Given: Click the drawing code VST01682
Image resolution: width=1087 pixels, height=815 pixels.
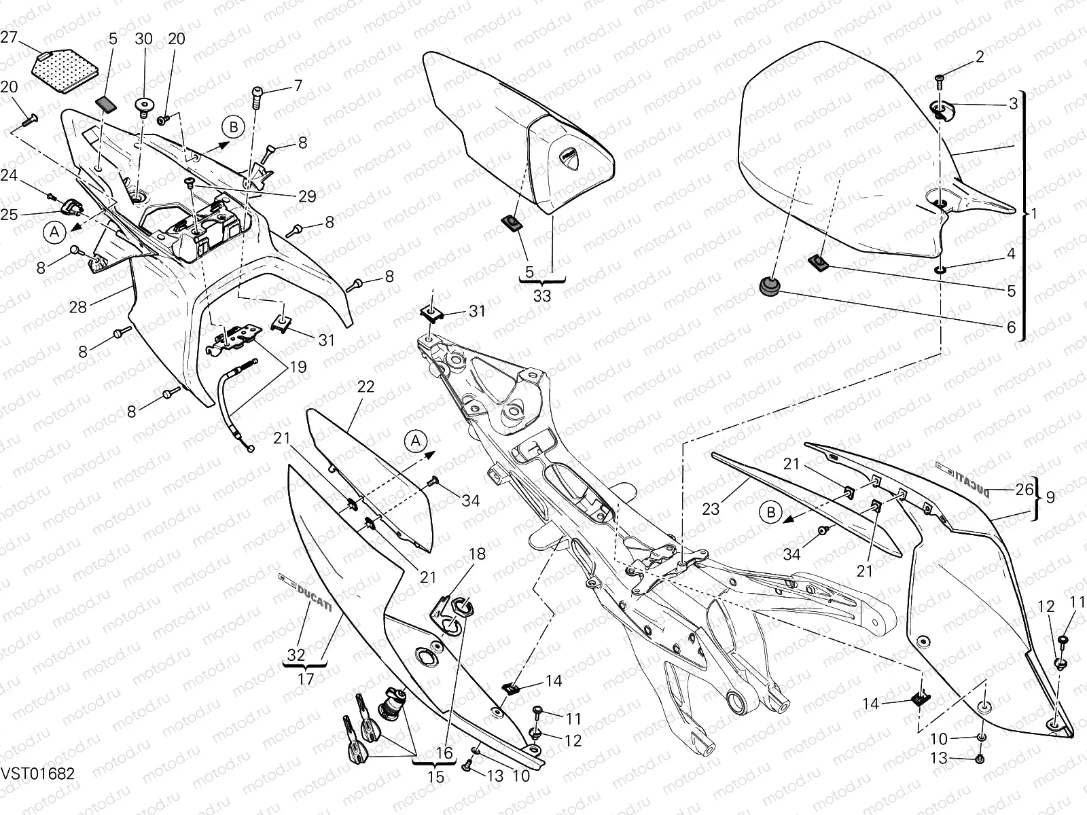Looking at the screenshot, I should click(x=37, y=774).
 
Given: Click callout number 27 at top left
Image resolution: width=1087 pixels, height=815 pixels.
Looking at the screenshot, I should click(x=9, y=38).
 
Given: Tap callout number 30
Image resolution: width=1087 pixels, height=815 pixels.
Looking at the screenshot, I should click(x=144, y=39).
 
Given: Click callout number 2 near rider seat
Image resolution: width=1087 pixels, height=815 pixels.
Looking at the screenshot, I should click(x=979, y=57).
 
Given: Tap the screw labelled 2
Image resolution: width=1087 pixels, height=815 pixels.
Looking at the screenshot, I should click(x=939, y=80).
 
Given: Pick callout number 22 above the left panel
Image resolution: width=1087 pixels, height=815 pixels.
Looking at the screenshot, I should click(x=366, y=386).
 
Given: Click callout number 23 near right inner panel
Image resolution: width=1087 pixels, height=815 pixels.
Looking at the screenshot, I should click(x=711, y=508).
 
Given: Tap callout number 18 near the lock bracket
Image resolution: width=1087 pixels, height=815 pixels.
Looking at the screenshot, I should click(x=477, y=554).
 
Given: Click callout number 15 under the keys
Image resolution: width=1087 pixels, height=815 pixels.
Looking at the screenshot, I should click(x=436, y=776).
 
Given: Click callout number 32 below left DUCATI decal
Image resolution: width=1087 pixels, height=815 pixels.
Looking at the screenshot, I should click(x=296, y=655).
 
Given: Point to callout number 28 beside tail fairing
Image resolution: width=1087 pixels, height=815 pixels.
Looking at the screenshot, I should click(x=78, y=306).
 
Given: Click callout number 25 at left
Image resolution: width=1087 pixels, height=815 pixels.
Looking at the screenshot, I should click(x=9, y=215).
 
